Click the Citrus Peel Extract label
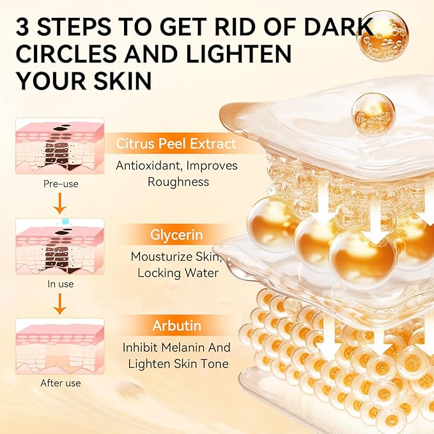click(x=176, y=143)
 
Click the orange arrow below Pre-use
click(x=60, y=203)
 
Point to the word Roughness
click(x=178, y=182)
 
